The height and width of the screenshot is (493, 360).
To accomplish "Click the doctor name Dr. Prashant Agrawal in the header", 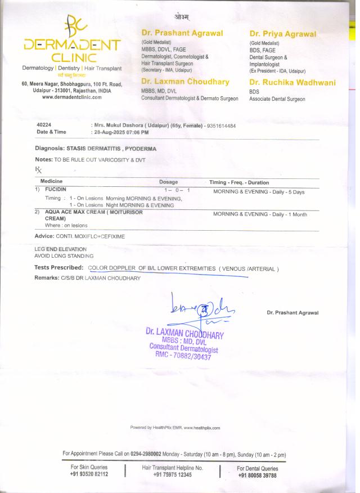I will coord(182,33).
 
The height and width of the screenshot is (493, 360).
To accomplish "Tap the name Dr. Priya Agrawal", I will coord(283,34).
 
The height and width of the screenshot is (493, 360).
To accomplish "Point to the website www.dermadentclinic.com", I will coord(71,97).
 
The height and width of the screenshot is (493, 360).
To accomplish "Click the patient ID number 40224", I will coord(44,124).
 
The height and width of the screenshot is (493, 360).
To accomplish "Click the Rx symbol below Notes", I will coord(38,169).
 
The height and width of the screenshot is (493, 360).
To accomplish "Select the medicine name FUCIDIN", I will coord(56,190).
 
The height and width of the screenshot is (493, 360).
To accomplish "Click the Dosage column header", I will coord(168,182).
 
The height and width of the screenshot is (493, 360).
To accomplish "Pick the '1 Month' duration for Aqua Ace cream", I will coord(294,214).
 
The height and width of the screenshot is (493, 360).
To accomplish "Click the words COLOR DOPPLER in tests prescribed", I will coord(112,268).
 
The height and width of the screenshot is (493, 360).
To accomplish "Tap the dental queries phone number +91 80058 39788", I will coord(257,475).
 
